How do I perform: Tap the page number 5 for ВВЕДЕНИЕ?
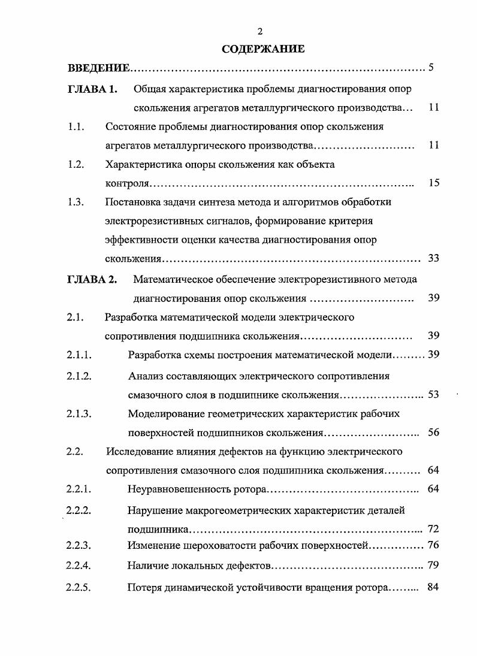431,66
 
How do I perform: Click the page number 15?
434,183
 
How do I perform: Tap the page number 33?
434,258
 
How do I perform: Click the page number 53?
434,395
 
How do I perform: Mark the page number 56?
434,433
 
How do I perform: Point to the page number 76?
434,545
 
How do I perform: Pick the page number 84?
434,587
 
